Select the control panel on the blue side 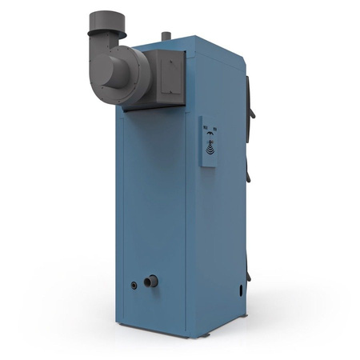click(x=210, y=141)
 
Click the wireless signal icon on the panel click(x=210, y=147)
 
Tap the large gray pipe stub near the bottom click(x=150, y=282)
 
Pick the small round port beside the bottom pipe click(x=134, y=285)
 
